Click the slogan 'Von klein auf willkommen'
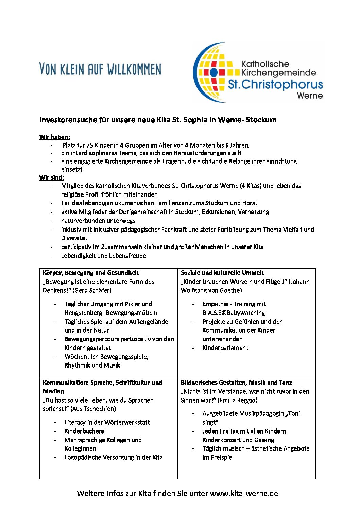click(100, 69)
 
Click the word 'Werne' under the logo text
click(310, 96)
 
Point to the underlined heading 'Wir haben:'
click(54, 137)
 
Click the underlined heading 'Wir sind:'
click(51, 177)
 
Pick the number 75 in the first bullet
click(89, 145)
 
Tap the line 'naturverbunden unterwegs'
click(98, 221)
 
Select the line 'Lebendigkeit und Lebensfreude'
click(103, 256)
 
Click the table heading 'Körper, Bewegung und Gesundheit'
click(91, 273)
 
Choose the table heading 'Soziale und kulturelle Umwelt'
click(222, 273)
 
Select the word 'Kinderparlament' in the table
click(225, 348)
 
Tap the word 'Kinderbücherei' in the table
click(85, 431)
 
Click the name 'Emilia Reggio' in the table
click(237, 400)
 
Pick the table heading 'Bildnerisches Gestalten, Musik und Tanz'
click(236, 383)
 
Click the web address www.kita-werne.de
click(244, 493)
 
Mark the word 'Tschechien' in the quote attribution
click(97, 409)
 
